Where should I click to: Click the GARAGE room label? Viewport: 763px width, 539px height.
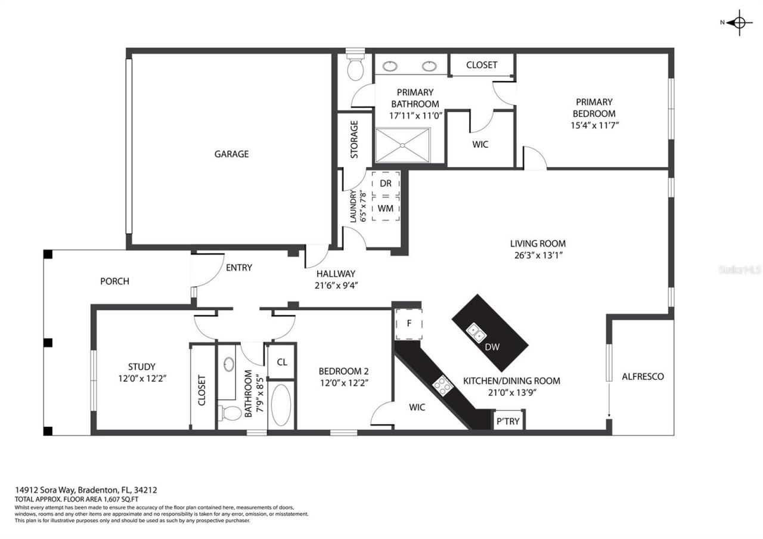click(x=231, y=154)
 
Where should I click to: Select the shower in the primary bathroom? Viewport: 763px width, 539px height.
click(x=402, y=145)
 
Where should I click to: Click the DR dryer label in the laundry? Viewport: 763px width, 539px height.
click(x=386, y=184)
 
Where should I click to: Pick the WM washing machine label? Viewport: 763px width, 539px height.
click(x=386, y=208)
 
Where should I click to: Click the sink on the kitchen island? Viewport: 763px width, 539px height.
click(x=476, y=332)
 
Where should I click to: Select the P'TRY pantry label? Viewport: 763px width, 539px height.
click(x=508, y=421)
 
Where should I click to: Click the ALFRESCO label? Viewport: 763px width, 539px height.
click(x=643, y=377)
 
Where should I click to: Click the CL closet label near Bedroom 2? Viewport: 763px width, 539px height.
click(x=281, y=362)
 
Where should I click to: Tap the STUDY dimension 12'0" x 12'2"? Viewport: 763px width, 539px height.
click(x=141, y=378)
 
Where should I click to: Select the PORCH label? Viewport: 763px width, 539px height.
click(x=114, y=281)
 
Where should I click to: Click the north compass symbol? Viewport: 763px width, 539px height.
click(x=739, y=23)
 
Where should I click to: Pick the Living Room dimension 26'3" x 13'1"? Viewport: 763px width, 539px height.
click(x=537, y=255)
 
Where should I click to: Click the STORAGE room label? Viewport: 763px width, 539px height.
click(x=354, y=140)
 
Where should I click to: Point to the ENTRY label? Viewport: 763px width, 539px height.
click(x=238, y=268)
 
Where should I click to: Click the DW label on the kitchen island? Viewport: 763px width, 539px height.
click(x=492, y=347)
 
